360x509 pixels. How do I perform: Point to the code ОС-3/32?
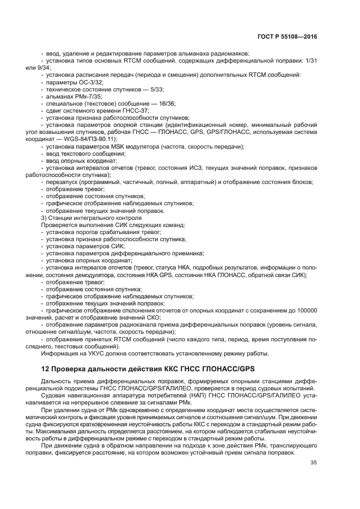[89, 82]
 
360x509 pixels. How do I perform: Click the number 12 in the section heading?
[45, 367]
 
